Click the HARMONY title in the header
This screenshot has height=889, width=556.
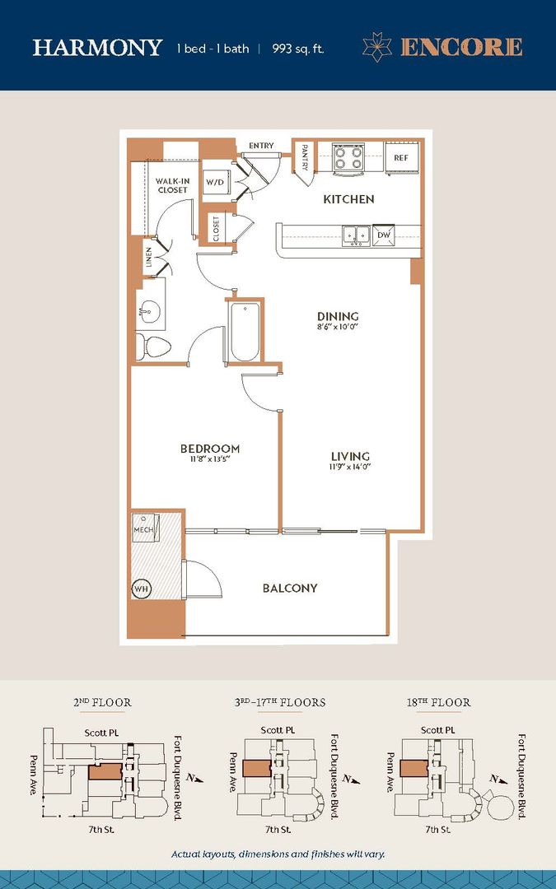click(97, 48)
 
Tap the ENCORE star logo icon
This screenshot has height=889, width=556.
click(377, 47)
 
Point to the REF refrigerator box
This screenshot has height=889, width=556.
click(402, 157)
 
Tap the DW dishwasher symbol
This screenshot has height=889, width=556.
click(384, 235)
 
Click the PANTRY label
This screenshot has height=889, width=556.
click(304, 156)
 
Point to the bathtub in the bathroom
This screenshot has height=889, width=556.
click(245, 331)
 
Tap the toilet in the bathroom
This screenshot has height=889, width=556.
click(152, 347)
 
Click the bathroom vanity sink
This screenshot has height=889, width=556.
click(150, 309)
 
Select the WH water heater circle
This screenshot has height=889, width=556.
click(141, 589)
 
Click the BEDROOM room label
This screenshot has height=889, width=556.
click(210, 449)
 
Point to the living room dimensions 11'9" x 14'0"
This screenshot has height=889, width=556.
click(350, 468)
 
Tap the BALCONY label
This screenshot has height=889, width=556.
click(290, 588)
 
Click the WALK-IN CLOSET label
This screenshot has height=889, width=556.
click(172, 185)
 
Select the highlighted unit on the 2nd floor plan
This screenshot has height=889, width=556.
click(105, 771)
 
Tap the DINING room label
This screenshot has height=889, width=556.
click(338, 316)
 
